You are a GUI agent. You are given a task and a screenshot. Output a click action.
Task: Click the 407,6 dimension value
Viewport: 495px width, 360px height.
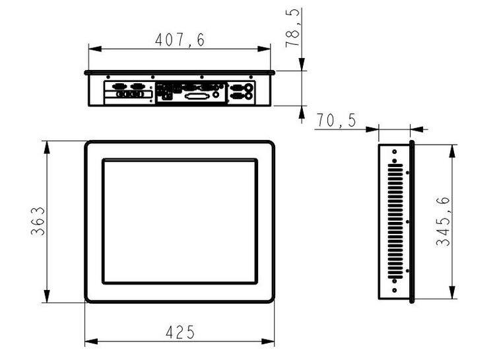(x=180, y=40)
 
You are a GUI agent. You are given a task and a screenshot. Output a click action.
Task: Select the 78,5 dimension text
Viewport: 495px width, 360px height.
(x=292, y=28)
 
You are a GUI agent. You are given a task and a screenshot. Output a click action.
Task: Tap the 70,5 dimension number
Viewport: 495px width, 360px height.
(x=337, y=120)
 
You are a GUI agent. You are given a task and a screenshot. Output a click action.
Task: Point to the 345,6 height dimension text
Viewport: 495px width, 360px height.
(x=443, y=221)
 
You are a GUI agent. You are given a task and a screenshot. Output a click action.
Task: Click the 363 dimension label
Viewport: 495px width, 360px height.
(x=38, y=221)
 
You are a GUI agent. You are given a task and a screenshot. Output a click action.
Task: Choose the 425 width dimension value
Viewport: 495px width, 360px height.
(x=180, y=332)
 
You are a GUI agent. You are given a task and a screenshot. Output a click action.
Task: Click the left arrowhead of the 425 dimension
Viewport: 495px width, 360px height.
(x=91, y=342)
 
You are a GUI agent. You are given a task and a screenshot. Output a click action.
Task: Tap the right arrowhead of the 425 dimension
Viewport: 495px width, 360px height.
(x=268, y=342)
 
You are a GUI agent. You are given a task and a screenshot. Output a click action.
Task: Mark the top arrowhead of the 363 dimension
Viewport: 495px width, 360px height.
(x=47, y=147)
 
